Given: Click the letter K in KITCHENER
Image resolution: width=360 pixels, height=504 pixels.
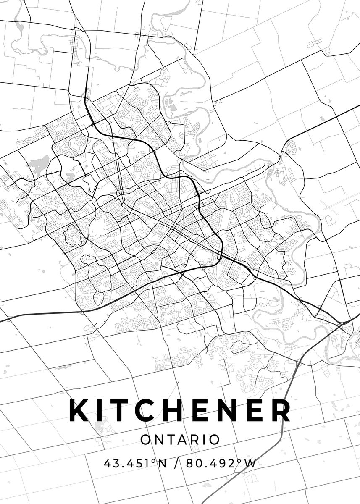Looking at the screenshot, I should [79, 410].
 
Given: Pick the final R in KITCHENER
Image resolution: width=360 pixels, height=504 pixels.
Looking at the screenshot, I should [280, 410].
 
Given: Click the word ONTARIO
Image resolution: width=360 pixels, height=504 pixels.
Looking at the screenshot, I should [180, 440].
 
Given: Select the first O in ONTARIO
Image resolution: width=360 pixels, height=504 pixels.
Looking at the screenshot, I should [145, 440].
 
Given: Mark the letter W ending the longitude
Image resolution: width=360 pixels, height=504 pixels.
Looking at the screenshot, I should [251, 464].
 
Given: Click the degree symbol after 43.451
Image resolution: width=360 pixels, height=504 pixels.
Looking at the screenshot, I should [153, 461].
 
